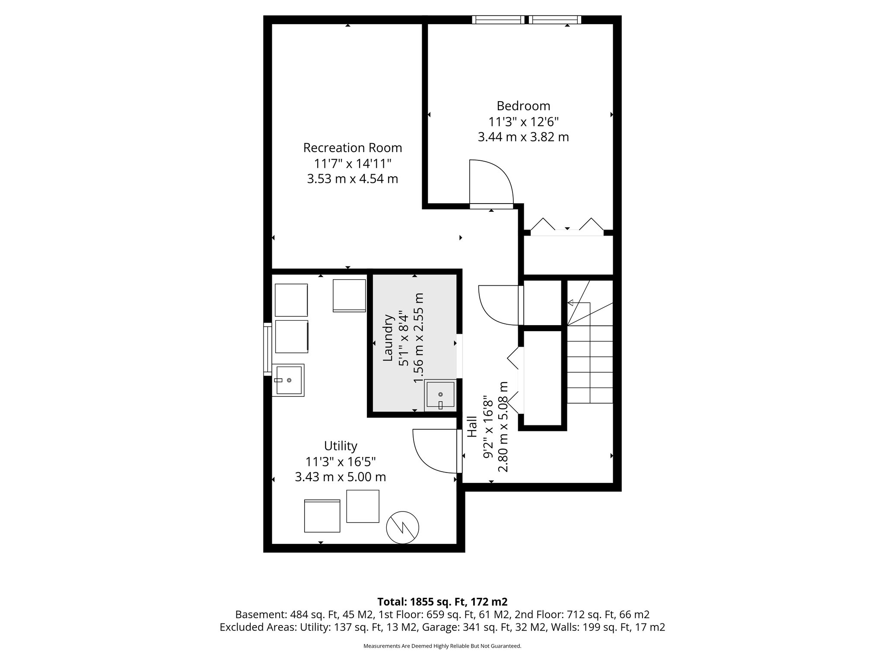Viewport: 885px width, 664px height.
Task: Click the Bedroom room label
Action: coord(523,106)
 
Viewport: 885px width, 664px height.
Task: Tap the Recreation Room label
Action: coord(352,148)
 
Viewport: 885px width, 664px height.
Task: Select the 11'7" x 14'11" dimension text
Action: coord(352,164)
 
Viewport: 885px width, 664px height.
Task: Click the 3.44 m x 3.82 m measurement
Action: coord(523,137)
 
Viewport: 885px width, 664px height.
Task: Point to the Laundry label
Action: coord(388,338)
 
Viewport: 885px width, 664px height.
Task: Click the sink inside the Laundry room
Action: coord(440,395)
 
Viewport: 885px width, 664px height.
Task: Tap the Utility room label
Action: coord(341,446)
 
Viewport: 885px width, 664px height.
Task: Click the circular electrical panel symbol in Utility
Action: coord(402,527)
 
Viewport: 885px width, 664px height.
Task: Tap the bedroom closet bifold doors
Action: coord(567,227)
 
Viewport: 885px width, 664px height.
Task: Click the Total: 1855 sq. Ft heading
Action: coord(442,602)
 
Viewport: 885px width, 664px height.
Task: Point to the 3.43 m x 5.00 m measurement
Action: coord(341,477)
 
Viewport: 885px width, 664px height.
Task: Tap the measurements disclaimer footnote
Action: coord(442,646)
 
